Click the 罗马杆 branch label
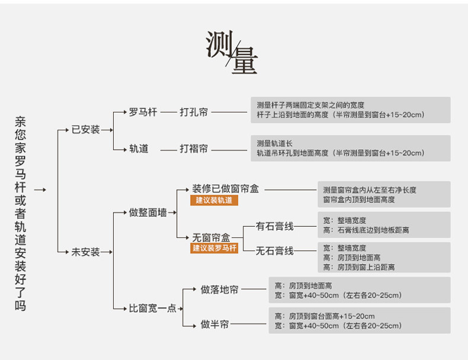(x=143, y=111)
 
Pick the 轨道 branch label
(x=139, y=149)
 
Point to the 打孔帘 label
(x=194, y=111)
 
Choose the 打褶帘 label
(x=194, y=149)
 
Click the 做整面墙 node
(x=148, y=212)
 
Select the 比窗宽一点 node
(x=153, y=308)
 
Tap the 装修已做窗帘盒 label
(x=225, y=189)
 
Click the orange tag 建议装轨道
(x=214, y=201)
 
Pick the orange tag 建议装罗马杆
(x=214, y=248)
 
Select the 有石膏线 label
(x=274, y=226)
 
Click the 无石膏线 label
(x=274, y=250)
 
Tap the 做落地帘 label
(x=219, y=290)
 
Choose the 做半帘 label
(x=214, y=324)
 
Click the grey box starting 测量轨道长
(x=350, y=148)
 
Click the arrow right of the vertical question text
(x=40, y=190)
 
